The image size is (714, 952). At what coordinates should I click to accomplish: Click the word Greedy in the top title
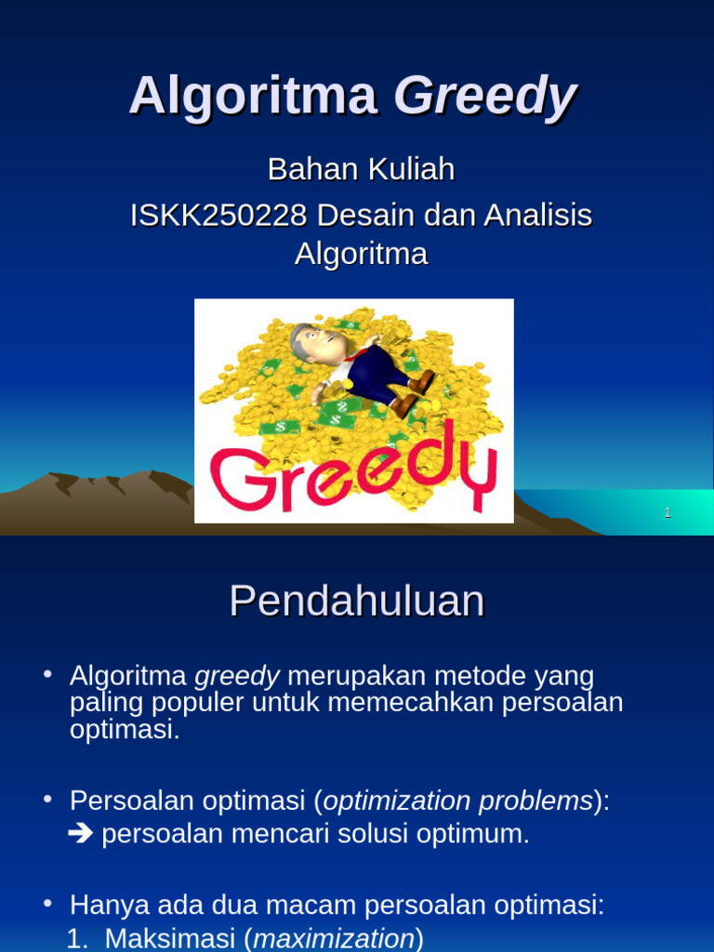[485, 97]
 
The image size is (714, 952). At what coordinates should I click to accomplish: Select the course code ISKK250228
[218, 216]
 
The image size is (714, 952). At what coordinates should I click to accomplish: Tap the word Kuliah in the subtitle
[410, 169]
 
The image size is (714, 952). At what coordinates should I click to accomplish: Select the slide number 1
[668, 512]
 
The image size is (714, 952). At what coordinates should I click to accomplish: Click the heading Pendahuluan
[357, 602]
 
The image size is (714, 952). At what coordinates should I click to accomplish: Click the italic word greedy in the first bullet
[237, 675]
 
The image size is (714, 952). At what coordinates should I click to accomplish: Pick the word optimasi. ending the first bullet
[124, 729]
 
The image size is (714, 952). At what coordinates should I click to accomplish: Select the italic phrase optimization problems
[457, 800]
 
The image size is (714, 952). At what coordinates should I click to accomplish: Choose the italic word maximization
[334, 938]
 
